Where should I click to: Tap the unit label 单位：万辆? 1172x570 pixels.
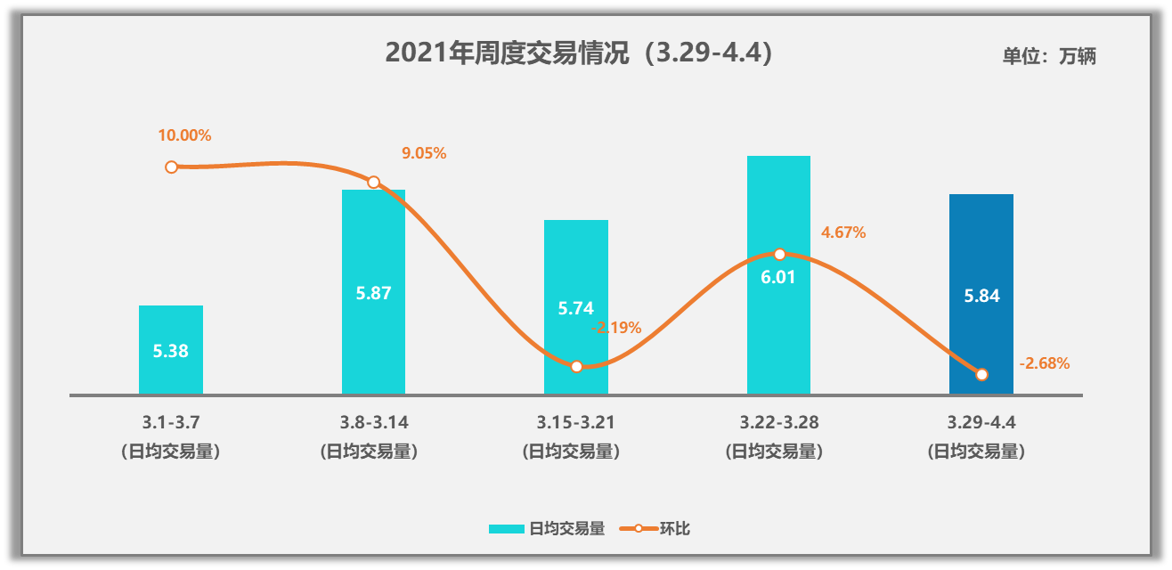(1048, 56)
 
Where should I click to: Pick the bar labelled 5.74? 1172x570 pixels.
(576, 267)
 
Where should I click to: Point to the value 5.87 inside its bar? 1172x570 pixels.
(373, 293)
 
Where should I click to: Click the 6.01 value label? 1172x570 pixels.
(778, 277)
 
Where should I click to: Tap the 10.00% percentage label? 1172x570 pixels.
(184, 135)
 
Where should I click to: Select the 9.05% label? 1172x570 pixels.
(424, 153)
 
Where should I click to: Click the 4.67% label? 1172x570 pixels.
(843, 232)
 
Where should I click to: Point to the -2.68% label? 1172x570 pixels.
(1045, 363)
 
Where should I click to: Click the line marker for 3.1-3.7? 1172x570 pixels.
(171, 167)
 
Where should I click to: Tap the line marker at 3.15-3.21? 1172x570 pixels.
(576, 366)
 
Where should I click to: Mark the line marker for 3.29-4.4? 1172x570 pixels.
(981, 374)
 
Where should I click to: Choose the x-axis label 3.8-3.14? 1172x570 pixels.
(373, 422)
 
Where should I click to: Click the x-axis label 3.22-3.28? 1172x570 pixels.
(778, 422)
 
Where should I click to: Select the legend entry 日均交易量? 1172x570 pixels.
(547, 529)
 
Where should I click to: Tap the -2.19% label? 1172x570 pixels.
(616, 328)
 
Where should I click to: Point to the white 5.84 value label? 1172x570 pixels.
(981, 297)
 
